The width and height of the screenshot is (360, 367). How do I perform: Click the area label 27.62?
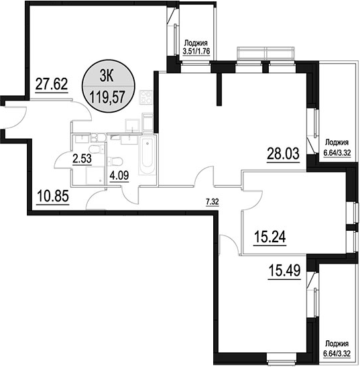point(52,84)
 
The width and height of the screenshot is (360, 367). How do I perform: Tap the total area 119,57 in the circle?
point(107,97)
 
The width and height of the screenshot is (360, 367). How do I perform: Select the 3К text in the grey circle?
point(107,76)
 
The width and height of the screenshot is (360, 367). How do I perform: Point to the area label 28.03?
point(283,153)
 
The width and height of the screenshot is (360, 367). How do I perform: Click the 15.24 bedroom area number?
point(269,237)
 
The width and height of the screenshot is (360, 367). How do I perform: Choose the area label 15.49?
point(284,271)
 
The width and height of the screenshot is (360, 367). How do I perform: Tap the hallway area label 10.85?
point(53,196)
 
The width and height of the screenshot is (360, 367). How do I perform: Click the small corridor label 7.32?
point(213,201)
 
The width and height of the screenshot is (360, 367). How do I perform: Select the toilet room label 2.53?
point(82,158)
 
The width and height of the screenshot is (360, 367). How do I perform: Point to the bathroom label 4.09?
point(119,175)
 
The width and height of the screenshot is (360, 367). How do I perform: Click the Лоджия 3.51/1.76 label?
point(196,47)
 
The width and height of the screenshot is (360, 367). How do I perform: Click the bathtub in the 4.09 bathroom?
point(147,155)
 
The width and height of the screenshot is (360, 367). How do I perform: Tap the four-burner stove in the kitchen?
point(145,97)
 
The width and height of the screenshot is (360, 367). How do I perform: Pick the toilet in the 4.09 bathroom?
point(115,161)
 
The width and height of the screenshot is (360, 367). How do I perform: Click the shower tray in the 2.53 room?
point(95,175)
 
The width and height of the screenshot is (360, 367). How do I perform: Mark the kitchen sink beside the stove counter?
point(132,125)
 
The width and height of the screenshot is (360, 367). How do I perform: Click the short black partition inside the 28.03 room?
point(219,89)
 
